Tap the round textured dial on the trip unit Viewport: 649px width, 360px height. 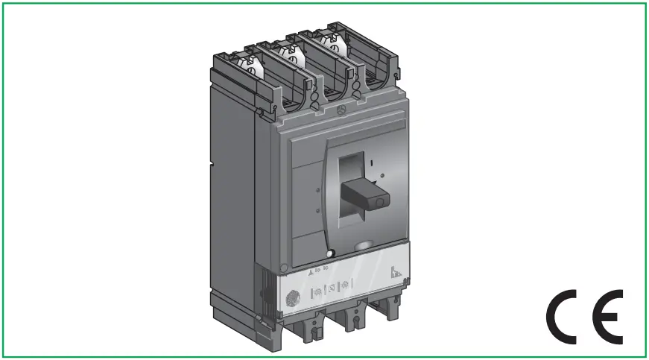tap(292, 297)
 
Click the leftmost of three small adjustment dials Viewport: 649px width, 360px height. tap(316, 288)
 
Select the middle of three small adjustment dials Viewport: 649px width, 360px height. tap(331, 285)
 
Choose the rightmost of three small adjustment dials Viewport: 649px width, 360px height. tap(345, 283)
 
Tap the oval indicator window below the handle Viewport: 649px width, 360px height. tap(364, 244)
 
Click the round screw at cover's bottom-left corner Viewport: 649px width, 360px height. tap(283, 267)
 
